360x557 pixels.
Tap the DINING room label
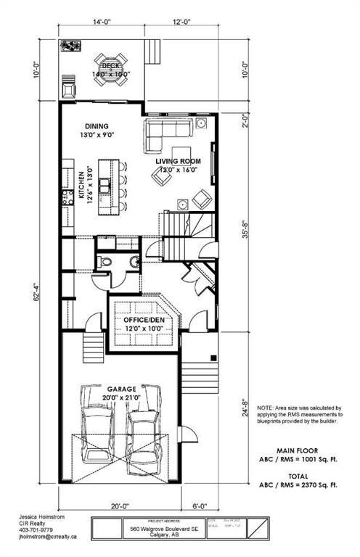tap(96, 125)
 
